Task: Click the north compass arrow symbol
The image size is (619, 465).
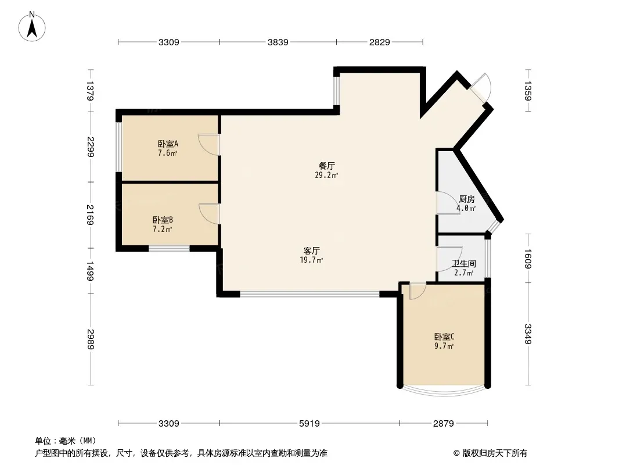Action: (x=33, y=26)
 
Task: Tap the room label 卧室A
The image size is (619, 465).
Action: (x=168, y=144)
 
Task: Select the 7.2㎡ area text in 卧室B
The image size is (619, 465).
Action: (x=162, y=230)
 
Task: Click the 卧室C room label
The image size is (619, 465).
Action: (x=444, y=337)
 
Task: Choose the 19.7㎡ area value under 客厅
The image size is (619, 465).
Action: (x=312, y=260)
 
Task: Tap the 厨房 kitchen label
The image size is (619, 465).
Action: (x=466, y=199)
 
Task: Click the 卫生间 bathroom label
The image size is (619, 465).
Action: (x=464, y=263)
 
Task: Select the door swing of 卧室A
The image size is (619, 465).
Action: (x=208, y=144)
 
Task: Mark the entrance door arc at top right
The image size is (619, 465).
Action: (x=483, y=87)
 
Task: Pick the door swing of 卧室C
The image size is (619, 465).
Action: (x=416, y=291)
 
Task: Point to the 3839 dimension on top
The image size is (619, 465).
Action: (x=278, y=42)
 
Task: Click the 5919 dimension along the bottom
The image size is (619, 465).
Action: (x=310, y=423)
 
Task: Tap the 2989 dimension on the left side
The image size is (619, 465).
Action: (x=90, y=339)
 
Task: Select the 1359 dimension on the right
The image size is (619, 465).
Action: (x=528, y=90)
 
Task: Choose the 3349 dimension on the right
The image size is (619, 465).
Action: (x=528, y=334)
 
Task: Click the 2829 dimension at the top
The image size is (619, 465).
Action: (x=379, y=42)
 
